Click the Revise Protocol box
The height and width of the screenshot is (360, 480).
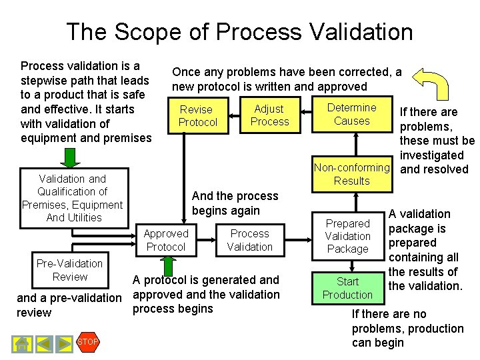(198, 115)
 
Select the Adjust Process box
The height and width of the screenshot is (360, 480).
(269, 115)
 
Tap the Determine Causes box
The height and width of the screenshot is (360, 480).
(351, 114)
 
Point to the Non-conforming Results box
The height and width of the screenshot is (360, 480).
(351, 174)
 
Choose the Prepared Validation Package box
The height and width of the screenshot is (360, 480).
(347, 236)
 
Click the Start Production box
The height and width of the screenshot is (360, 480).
(347, 288)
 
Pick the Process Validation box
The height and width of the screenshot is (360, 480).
(250, 240)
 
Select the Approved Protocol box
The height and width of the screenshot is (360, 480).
(166, 240)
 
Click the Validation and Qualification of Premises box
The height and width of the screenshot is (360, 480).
(72, 198)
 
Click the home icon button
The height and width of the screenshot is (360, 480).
(22, 343)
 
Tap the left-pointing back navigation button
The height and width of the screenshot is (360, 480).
(43, 343)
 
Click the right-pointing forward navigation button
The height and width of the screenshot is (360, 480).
(64, 343)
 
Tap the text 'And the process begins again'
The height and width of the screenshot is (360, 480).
(235, 203)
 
